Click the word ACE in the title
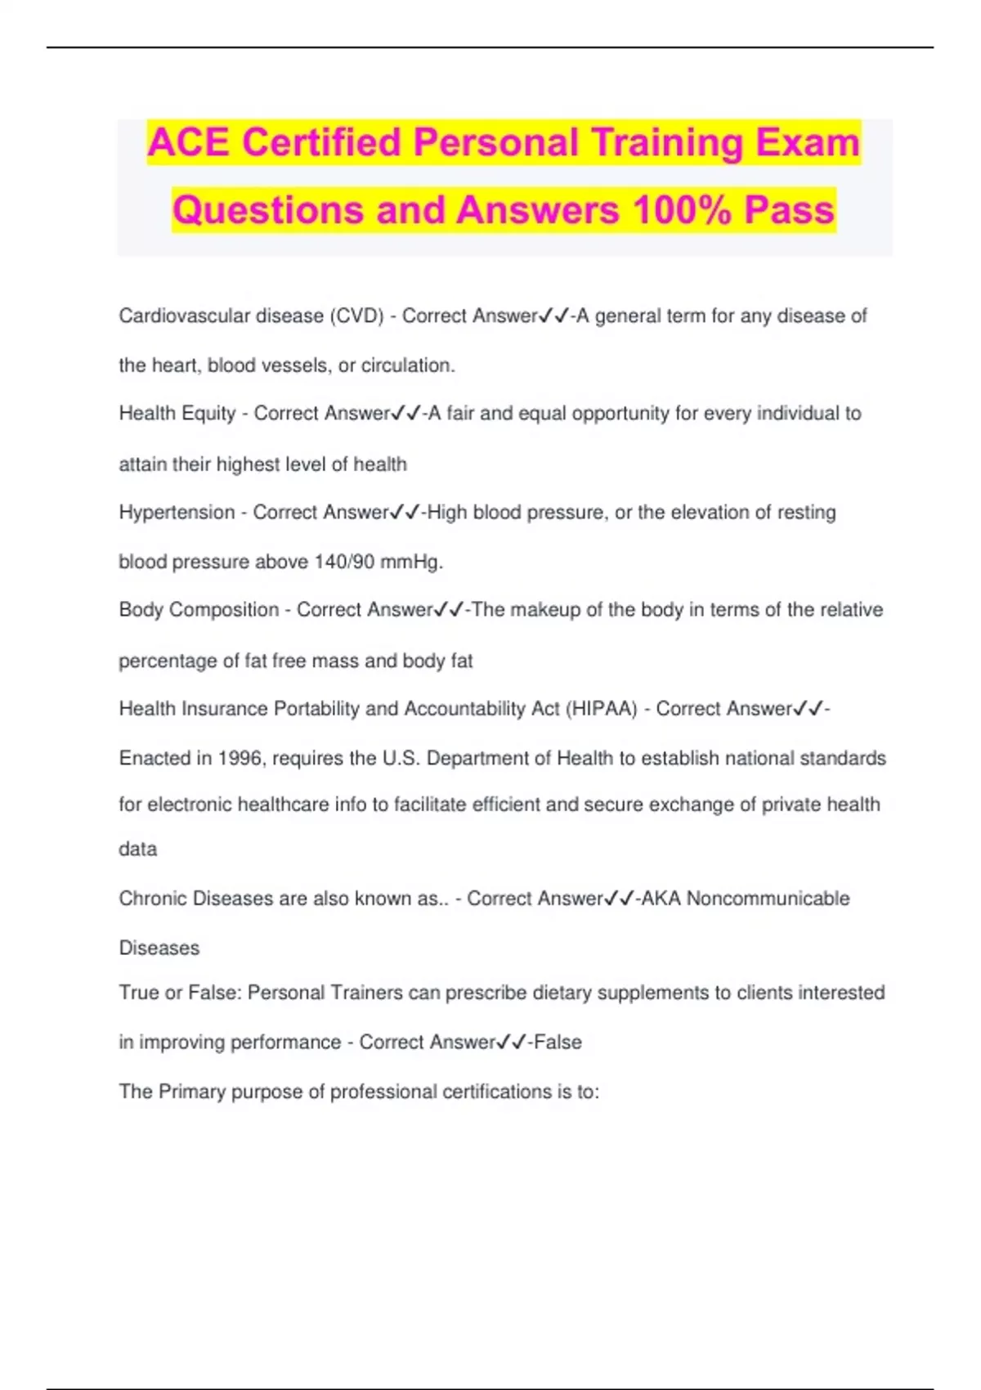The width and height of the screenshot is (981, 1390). tap(189, 143)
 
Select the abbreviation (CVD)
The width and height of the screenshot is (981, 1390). tap(356, 316)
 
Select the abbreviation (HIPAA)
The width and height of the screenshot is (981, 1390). tap(601, 709)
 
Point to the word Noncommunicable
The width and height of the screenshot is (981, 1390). tap(768, 899)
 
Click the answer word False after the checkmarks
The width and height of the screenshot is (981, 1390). tap(558, 1042)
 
